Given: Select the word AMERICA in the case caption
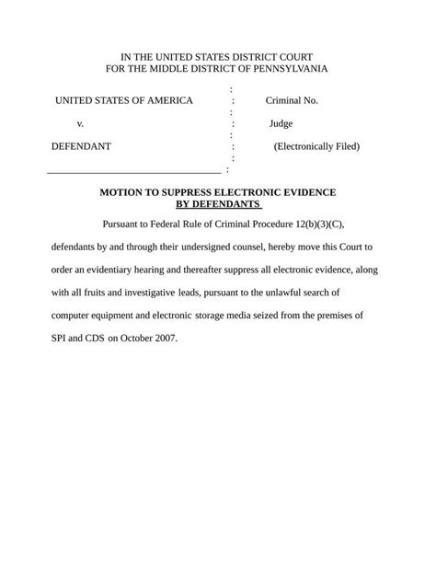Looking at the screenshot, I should coord(166,100).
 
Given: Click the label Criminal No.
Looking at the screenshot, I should coord(292,100).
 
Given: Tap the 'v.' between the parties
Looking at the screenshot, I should coord(81,123).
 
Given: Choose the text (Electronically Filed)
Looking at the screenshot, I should coord(316,146).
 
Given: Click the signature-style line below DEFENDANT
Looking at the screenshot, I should coord(133,172).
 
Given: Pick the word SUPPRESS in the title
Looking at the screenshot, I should coord(189,192).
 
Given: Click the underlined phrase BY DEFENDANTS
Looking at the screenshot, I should coord(218,203).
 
